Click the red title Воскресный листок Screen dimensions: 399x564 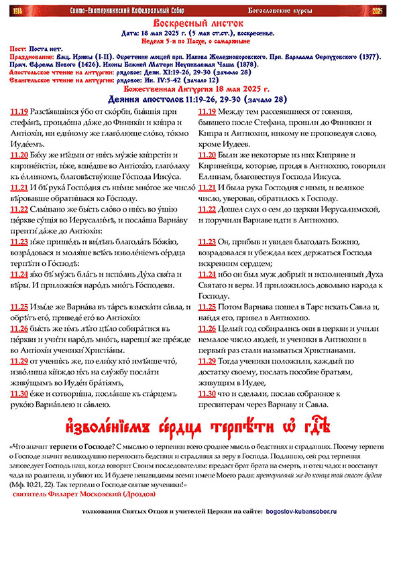(x=200, y=23)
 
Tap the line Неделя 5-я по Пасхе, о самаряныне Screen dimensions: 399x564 (x=199, y=40)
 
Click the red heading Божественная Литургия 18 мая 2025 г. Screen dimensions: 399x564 (x=199, y=89)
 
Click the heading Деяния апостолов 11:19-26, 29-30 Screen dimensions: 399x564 (x=199, y=99)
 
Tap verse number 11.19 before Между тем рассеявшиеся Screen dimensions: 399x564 (x=207, y=111)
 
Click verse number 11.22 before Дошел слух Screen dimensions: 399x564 (x=207, y=209)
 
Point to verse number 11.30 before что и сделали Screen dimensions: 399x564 (x=207, y=393)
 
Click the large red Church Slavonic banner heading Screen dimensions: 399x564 (x=199, y=427)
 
